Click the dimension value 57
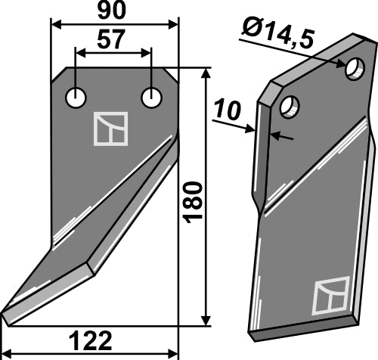tap(113, 41)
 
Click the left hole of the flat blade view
tap(76, 98)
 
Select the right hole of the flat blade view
tap(152, 98)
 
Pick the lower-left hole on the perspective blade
tap(287, 106)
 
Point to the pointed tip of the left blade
tap(6, 318)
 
